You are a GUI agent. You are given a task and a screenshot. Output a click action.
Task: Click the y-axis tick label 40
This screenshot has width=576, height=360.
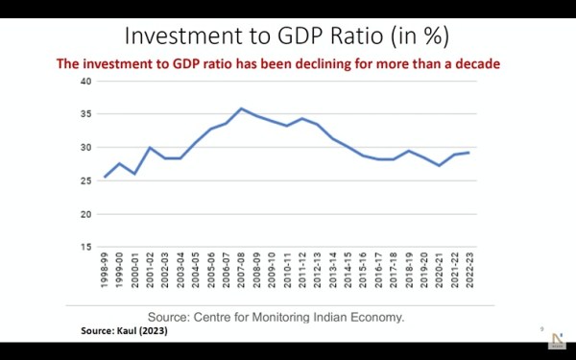click(x=85, y=81)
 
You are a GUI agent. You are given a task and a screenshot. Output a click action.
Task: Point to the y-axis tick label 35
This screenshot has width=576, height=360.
click(x=85, y=114)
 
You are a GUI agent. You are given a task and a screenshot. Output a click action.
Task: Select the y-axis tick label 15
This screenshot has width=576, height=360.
click(x=85, y=247)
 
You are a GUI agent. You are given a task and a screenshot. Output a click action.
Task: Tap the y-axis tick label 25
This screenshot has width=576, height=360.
click(x=85, y=180)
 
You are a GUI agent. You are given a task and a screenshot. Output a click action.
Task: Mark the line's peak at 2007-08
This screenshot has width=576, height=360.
click(x=241, y=108)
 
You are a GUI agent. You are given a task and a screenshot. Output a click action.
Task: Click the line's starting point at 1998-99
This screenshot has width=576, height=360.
click(x=106, y=177)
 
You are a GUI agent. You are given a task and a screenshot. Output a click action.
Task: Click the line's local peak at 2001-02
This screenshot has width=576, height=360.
click(x=151, y=148)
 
